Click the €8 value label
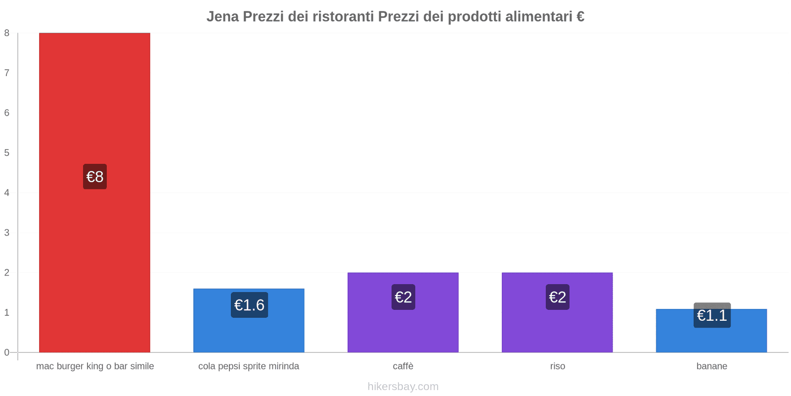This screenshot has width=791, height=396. click(95, 177)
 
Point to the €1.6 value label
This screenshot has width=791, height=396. click(249, 305)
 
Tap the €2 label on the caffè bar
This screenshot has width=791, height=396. click(403, 297)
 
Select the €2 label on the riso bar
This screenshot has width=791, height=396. click(558, 297)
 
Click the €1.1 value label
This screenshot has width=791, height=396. click(712, 315)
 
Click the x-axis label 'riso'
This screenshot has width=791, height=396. click(557, 366)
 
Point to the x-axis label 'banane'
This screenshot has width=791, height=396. click(711, 366)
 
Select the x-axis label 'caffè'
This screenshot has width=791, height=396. click(403, 366)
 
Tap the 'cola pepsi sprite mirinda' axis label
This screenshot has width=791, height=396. click(249, 366)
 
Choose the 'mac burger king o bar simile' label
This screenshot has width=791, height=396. click(95, 366)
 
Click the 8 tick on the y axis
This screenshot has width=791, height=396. click(7, 33)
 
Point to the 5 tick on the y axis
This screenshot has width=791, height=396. click(7, 153)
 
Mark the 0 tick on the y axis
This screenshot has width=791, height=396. click(7, 352)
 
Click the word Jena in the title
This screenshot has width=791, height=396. click(222, 17)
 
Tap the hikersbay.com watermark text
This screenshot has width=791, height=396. click(403, 387)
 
